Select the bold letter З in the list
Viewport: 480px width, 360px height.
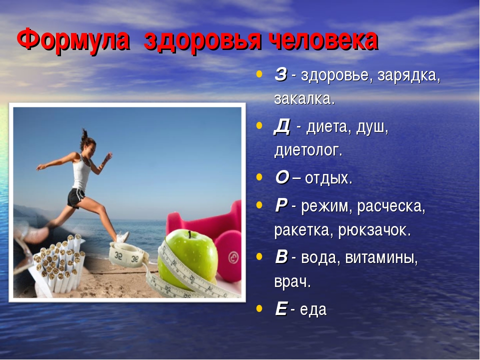pyautogui.click(x=280, y=74)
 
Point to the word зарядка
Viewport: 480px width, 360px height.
pyautogui.click(x=408, y=76)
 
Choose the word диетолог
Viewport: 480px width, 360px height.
pyautogui.click(x=308, y=150)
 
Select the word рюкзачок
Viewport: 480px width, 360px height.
pyautogui.click(x=374, y=230)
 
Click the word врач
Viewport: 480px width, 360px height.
pyautogui.click(x=292, y=282)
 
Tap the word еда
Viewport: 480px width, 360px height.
pyautogui.click(x=313, y=309)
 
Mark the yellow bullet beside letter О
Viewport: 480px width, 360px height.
pyautogui.click(x=259, y=177)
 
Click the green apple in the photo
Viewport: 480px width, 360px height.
pyautogui.click(x=187, y=258)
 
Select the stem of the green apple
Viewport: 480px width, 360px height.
pyautogui.click(x=190, y=234)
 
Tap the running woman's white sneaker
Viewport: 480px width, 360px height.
pyautogui.click(x=123, y=237)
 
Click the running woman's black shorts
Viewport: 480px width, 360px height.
pyautogui.click(x=75, y=198)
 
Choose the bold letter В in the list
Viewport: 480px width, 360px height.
pyautogui.click(x=281, y=256)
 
